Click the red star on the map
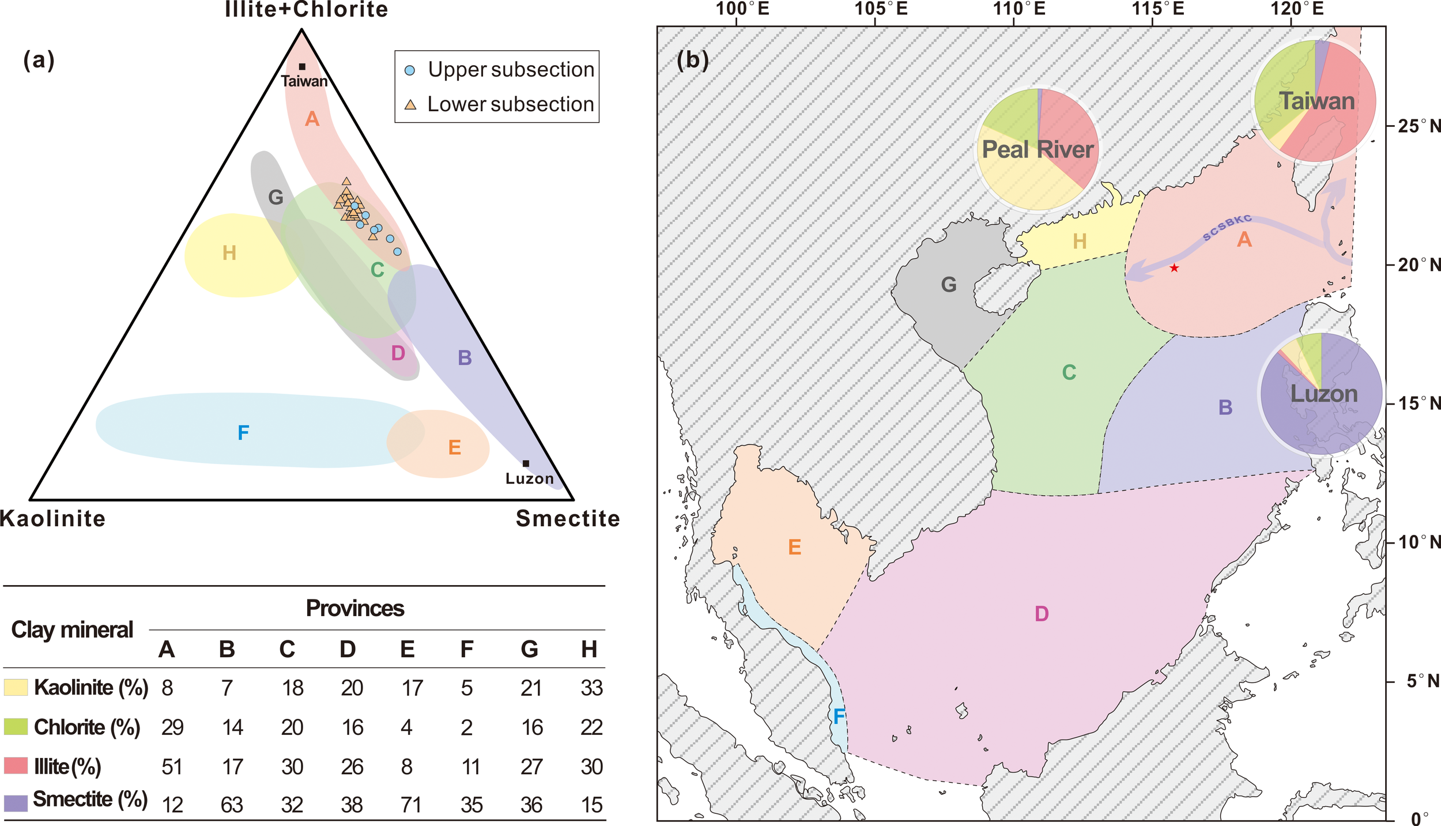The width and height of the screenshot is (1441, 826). (x=1174, y=268)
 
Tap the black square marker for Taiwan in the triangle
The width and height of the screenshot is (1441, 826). (x=302, y=67)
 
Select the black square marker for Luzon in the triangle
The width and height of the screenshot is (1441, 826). (x=526, y=463)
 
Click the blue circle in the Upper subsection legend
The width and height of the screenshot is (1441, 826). (x=410, y=71)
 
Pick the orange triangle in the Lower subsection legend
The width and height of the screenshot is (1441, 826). (x=410, y=105)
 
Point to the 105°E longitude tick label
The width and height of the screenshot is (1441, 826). (x=881, y=9)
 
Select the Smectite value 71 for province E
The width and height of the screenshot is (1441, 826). (x=411, y=805)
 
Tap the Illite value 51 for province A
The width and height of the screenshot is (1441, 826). (x=172, y=767)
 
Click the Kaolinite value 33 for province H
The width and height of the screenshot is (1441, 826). (x=591, y=688)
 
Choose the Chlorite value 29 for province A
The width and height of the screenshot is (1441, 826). (x=172, y=727)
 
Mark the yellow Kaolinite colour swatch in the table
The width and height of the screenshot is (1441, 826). (x=16, y=687)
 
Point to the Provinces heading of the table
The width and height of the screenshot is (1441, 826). (x=355, y=608)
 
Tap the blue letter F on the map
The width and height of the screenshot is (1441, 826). (x=839, y=716)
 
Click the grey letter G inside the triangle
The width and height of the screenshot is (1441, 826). (x=276, y=198)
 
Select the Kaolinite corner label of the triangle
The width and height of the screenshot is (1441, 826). (x=53, y=519)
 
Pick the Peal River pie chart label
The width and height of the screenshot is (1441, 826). (x=1038, y=150)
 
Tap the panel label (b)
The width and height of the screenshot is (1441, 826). (x=692, y=59)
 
